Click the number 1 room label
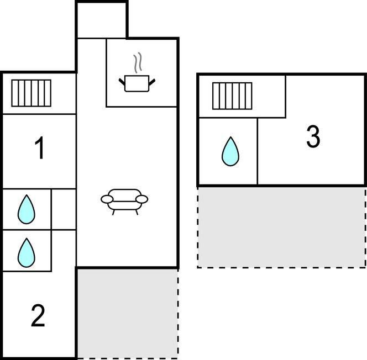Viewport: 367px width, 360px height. (x=39, y=149)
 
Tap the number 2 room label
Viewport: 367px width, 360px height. (x=38, y=316)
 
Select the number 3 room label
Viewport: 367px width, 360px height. (x=313, y=137)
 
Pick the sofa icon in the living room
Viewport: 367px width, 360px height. (x=125, y=200)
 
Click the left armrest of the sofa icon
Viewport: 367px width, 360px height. (x=107, y=199)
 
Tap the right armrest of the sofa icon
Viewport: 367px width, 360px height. (x=143, y=199)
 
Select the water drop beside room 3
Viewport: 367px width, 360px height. (x=230, y=151)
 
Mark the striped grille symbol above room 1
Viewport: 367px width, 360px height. (x=32, y=93)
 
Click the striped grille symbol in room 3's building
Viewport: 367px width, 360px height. (x=232, y=96)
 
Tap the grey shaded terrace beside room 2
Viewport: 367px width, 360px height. (x=127, y=313)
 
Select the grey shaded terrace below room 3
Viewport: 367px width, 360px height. (x=281, y=227)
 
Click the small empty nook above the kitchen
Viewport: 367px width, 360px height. (x=101, y=20)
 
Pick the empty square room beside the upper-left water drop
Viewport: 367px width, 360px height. (x=64, y=209)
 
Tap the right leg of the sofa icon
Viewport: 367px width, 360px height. (x=137, y=211)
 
